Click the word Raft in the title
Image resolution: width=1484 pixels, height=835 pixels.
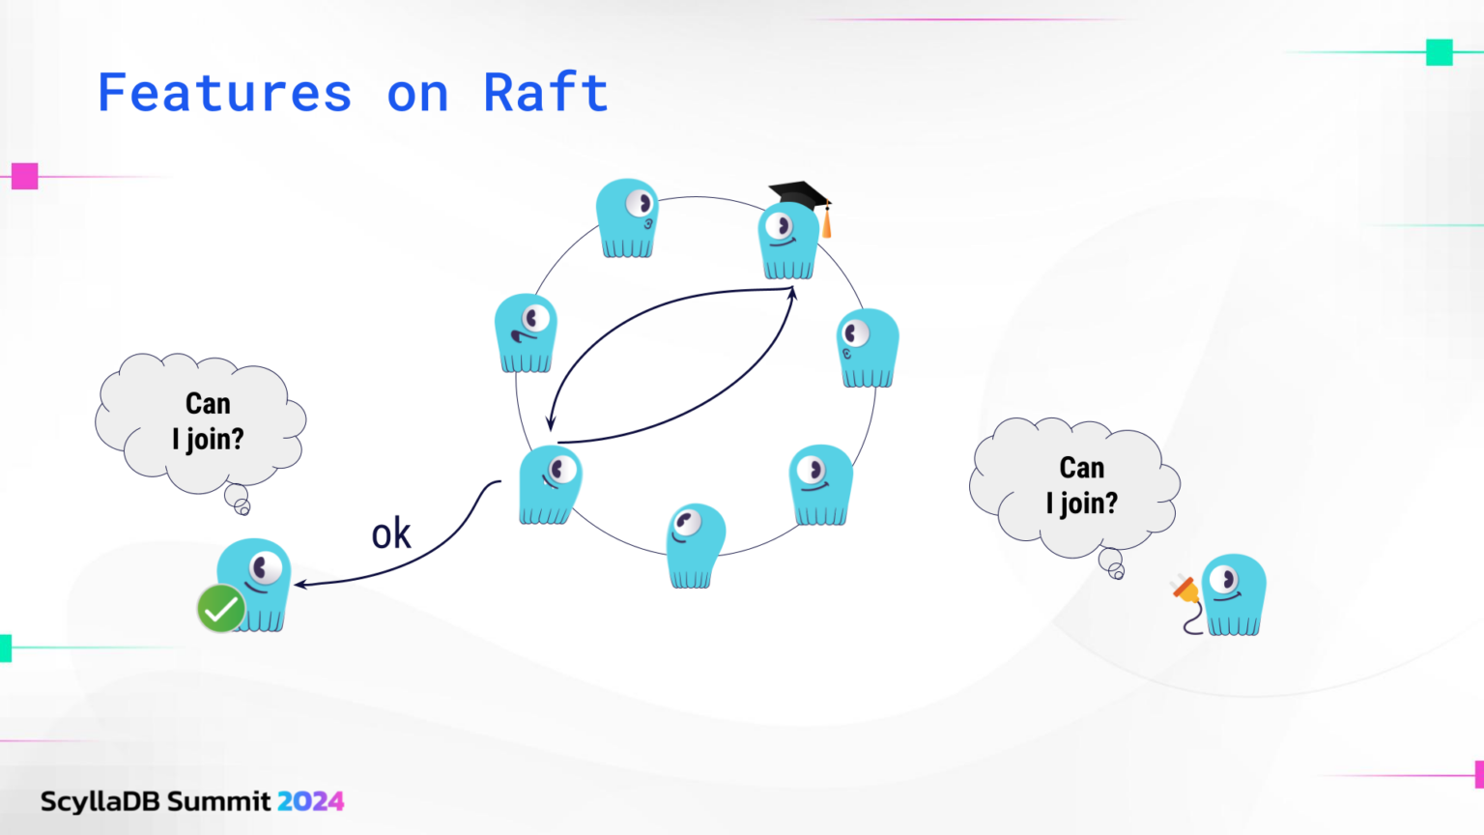pyautogui.click(x=546, y=94)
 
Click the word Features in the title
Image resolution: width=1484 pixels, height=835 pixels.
pyautogui.click(x=224, y=94)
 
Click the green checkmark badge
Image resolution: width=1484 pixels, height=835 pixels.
pyautogui.click(x=221, y=609)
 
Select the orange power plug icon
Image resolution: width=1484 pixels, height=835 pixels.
pyautogui.click(x=1185, y=589)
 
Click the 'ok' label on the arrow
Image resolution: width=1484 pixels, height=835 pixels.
pyautogui.click(x=391, y=534)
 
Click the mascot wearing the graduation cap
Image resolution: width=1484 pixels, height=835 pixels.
pyautogui.click(x=787, y=242)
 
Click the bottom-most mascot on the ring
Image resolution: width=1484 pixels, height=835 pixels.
pyautogui.click(x=695, y=546)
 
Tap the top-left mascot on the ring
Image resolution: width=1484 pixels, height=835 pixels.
pyautogui.click(x=627, y=217)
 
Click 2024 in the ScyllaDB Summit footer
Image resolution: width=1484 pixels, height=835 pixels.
pyautogui.click(x=310, y=801)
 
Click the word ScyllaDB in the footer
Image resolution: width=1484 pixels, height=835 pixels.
pyautogui.click(x=100, y=801)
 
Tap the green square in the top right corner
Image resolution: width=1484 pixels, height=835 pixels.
pyautogui.click(x=1440, y=52)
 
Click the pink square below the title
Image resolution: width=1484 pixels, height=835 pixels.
pyautogui.click(x=25, y=176)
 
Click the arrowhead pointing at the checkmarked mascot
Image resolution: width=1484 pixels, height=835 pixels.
pyautogui.click(x=300, y=584)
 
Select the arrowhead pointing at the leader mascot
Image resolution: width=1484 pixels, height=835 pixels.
pyautogui.click(x=792, y=292)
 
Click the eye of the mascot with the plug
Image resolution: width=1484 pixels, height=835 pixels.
pyautogui.click(x=1225, y=580)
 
